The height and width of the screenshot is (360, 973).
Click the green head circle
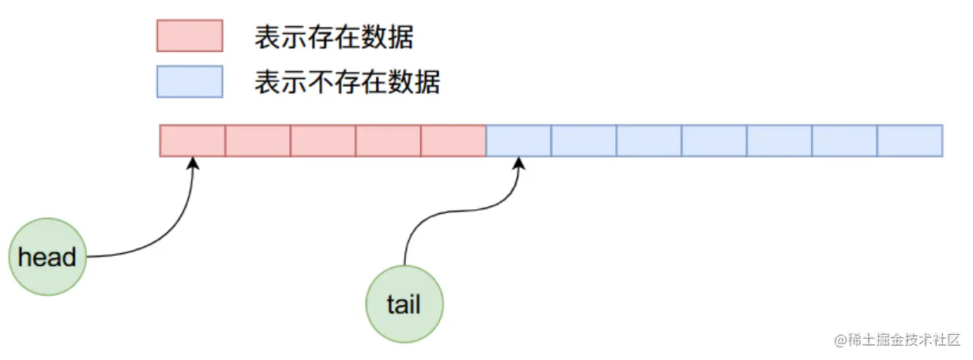tap(47, 257)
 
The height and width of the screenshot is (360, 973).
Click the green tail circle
tap(404, 305)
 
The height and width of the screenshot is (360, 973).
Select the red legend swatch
tap(190, 36)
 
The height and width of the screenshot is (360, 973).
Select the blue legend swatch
tap(190, 81)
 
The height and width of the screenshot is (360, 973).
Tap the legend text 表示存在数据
tap(334, 37)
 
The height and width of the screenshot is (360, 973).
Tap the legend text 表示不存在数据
tap(347, 82)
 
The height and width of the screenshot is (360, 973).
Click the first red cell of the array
tap(193, 141)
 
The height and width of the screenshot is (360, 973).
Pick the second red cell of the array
tap(258, 141)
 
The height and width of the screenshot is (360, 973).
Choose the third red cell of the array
tap(323, 141)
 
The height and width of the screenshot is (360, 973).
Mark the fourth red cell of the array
tap(389, 141)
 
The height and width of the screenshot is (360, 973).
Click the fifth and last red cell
tap(453, 141)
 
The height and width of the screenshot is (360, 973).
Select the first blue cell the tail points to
tap(519, 141)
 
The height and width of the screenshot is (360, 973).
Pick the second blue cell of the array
tap(584, 141)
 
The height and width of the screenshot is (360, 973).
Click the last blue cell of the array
tap(910, 141)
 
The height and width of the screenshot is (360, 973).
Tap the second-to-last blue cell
tap(844, 141)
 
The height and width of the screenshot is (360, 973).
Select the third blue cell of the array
tap(649, 141)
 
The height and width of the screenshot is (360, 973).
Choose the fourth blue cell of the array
tap(714, 141)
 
